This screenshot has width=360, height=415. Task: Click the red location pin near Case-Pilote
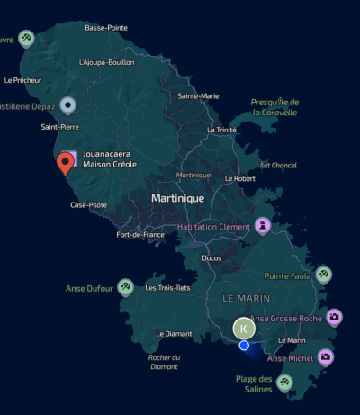[x=65, y=164]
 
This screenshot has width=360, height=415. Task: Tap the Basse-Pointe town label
[x=106, y=28]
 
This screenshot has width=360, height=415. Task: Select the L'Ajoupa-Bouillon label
[x=106, y=62]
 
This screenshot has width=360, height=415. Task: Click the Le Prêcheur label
[x=22, y=80]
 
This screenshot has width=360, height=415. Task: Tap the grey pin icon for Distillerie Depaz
[x=67, y=106]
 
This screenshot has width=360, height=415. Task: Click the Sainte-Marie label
[x=198, y=95]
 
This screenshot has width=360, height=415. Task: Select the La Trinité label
[x=221, y=130]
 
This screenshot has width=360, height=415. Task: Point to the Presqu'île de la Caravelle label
[x=275, y=107]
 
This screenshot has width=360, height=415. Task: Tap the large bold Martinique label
[x=177, y=197]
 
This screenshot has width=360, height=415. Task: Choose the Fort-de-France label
[x=140, y=235]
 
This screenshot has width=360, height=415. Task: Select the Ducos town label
[x=211, y=257]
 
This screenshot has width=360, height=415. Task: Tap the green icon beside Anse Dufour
[x=127, y=287]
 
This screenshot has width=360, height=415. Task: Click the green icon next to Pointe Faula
[x=323, y=275]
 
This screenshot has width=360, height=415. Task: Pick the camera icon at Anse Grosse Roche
[x=334, y=317]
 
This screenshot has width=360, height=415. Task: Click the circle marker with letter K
[x=243, y=329]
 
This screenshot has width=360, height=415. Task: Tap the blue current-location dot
[x=244, y=345]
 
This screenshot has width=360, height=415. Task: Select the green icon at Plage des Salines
[x=285, y=383]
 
